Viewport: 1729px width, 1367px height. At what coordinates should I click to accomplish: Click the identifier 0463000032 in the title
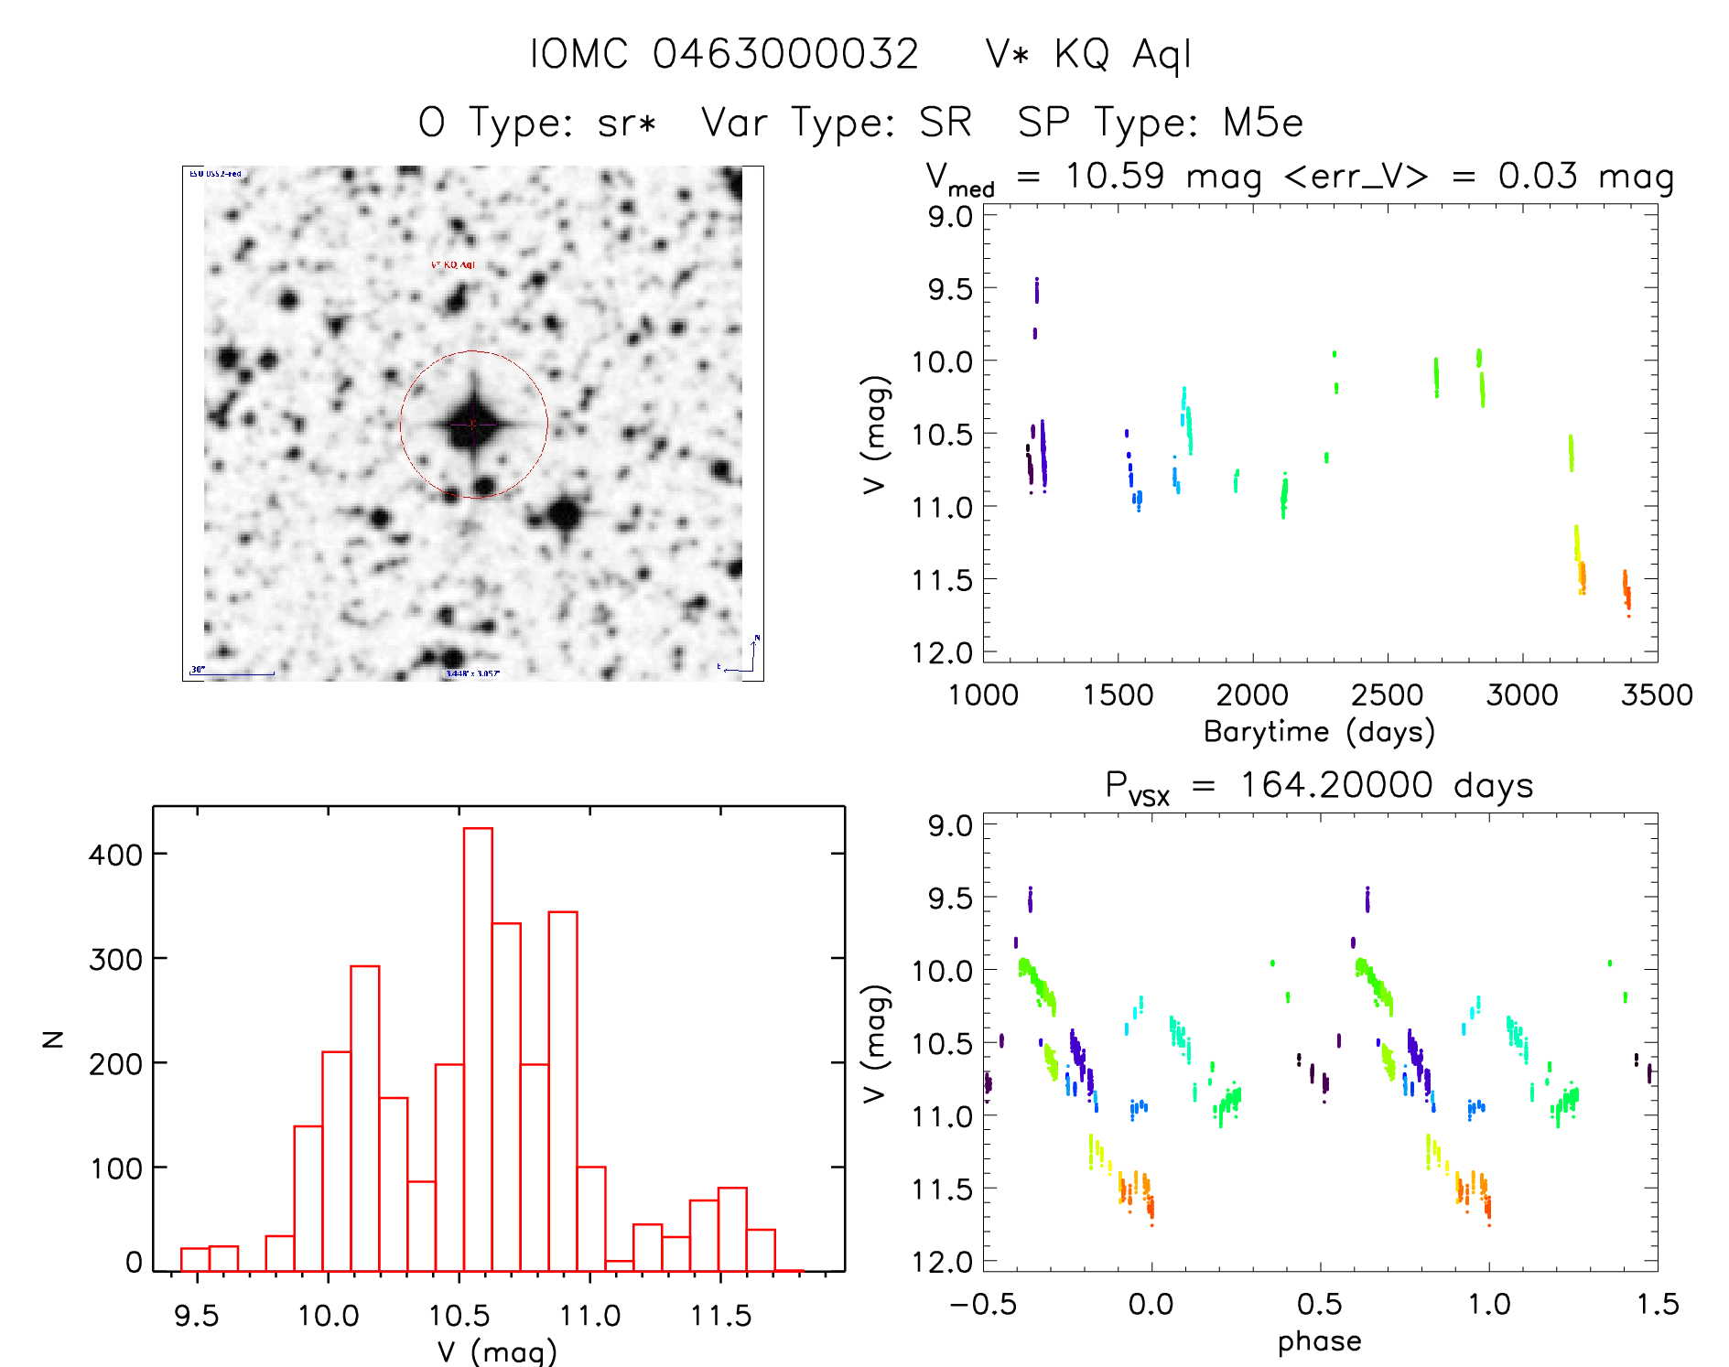point(784,54)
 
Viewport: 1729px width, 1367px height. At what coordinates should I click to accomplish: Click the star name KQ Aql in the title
point(1122,54)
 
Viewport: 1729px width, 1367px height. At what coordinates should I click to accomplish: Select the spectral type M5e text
point(1263,123)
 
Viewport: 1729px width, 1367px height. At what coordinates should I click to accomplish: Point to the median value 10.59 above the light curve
point(1114,176)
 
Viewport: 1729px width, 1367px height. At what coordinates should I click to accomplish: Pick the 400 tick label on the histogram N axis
point(115,855)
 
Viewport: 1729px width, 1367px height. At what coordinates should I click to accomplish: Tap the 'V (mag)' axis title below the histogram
point(497,1351)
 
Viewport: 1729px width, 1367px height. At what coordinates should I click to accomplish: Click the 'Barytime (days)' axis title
point(1319,731)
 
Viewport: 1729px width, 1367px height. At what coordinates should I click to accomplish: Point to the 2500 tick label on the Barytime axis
point(1387,694)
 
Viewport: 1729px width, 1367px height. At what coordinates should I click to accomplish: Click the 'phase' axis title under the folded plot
point(1319,1341)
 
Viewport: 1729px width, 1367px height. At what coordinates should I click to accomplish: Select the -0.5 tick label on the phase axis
point(982,1304)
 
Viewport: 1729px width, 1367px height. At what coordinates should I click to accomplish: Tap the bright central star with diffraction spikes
point(473,424)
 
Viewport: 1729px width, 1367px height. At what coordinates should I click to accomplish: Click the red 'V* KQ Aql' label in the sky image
point(453,264)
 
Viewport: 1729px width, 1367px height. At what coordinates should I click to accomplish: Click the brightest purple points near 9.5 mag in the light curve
point(1036,291)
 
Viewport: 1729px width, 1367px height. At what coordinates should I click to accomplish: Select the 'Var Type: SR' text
point(836,123)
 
